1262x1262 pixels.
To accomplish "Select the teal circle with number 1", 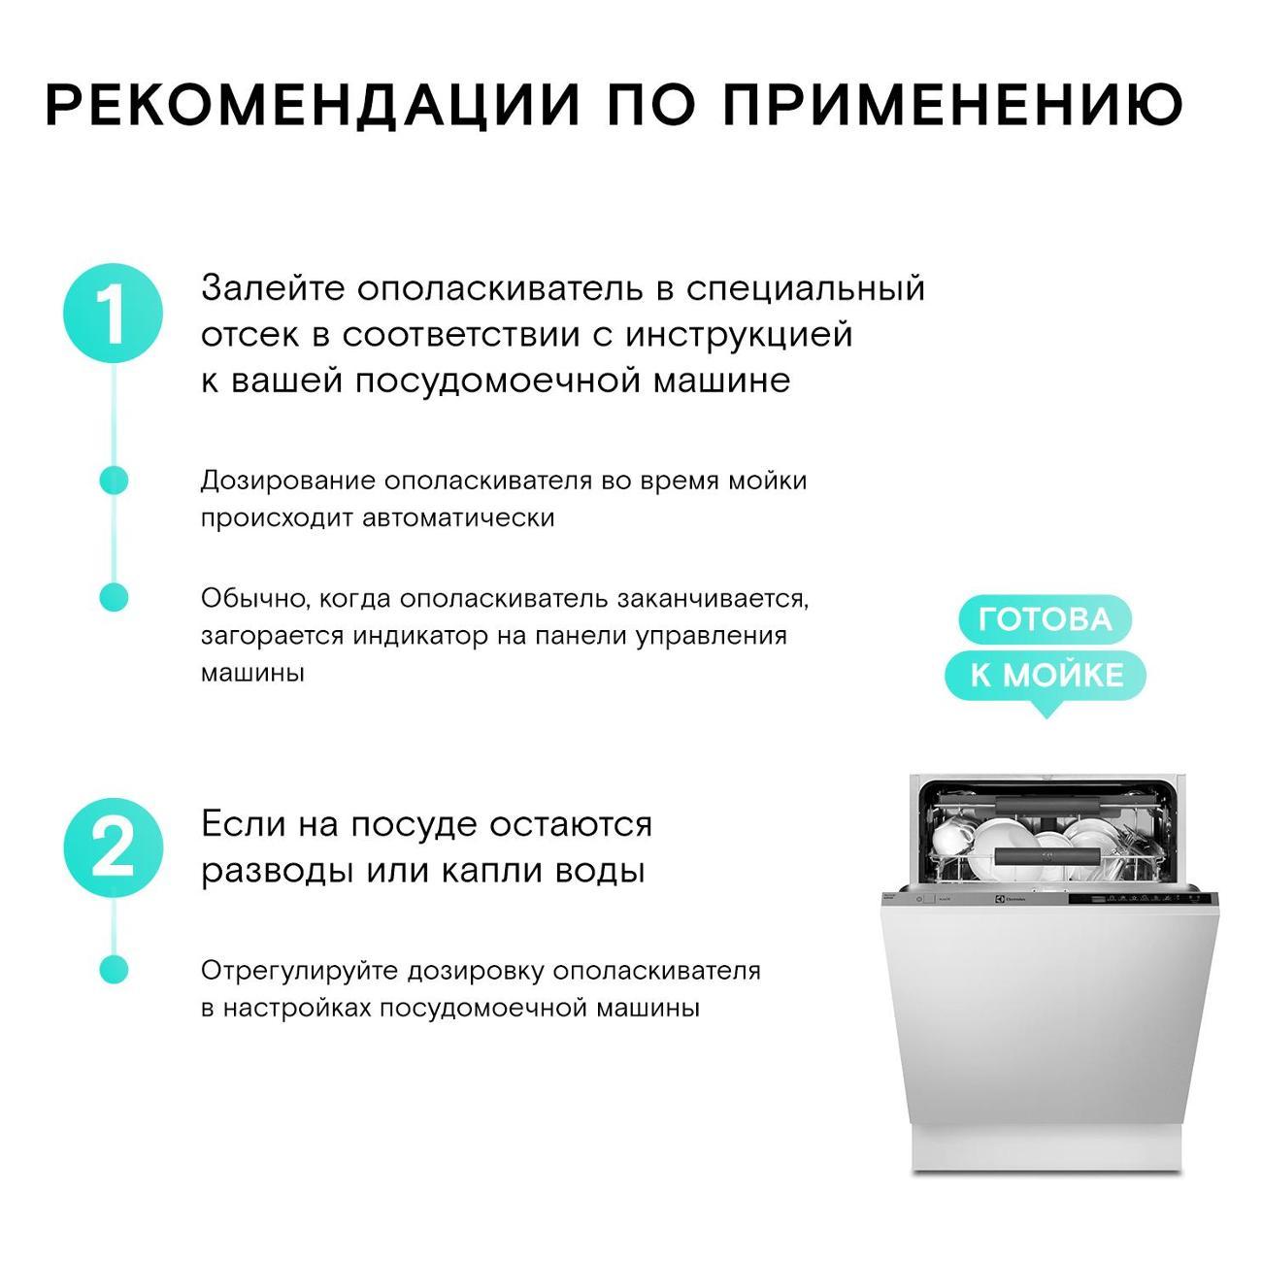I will pos(114,315).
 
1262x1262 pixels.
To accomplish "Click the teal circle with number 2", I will pos(114,848).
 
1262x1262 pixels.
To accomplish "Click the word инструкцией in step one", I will pos(738,335).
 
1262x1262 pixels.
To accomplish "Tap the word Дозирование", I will pos(287,481).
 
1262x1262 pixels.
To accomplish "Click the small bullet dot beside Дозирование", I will pos(114,481).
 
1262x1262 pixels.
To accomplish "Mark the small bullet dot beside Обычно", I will pos(114,598).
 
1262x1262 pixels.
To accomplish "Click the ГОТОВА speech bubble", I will pos(1045,619).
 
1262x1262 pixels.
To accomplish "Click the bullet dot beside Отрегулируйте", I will pos(114,970).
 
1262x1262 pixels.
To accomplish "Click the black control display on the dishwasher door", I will pos(1136,898).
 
